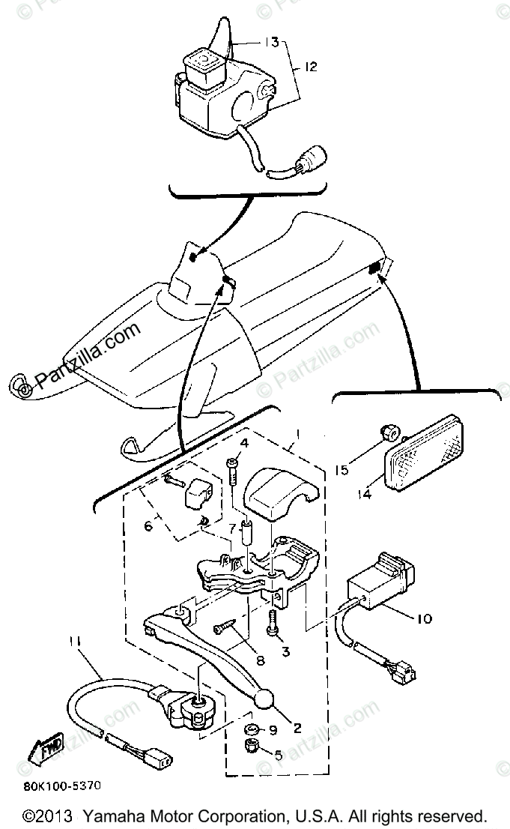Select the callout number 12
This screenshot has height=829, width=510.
pos(309,67)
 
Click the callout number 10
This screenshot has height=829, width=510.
pos(423,618)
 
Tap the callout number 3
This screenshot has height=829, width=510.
pos(285,651)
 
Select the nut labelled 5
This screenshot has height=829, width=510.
pos(252,747)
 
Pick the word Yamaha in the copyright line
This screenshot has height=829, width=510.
pos(111,815)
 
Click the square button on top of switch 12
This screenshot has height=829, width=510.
pos(203,58)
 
